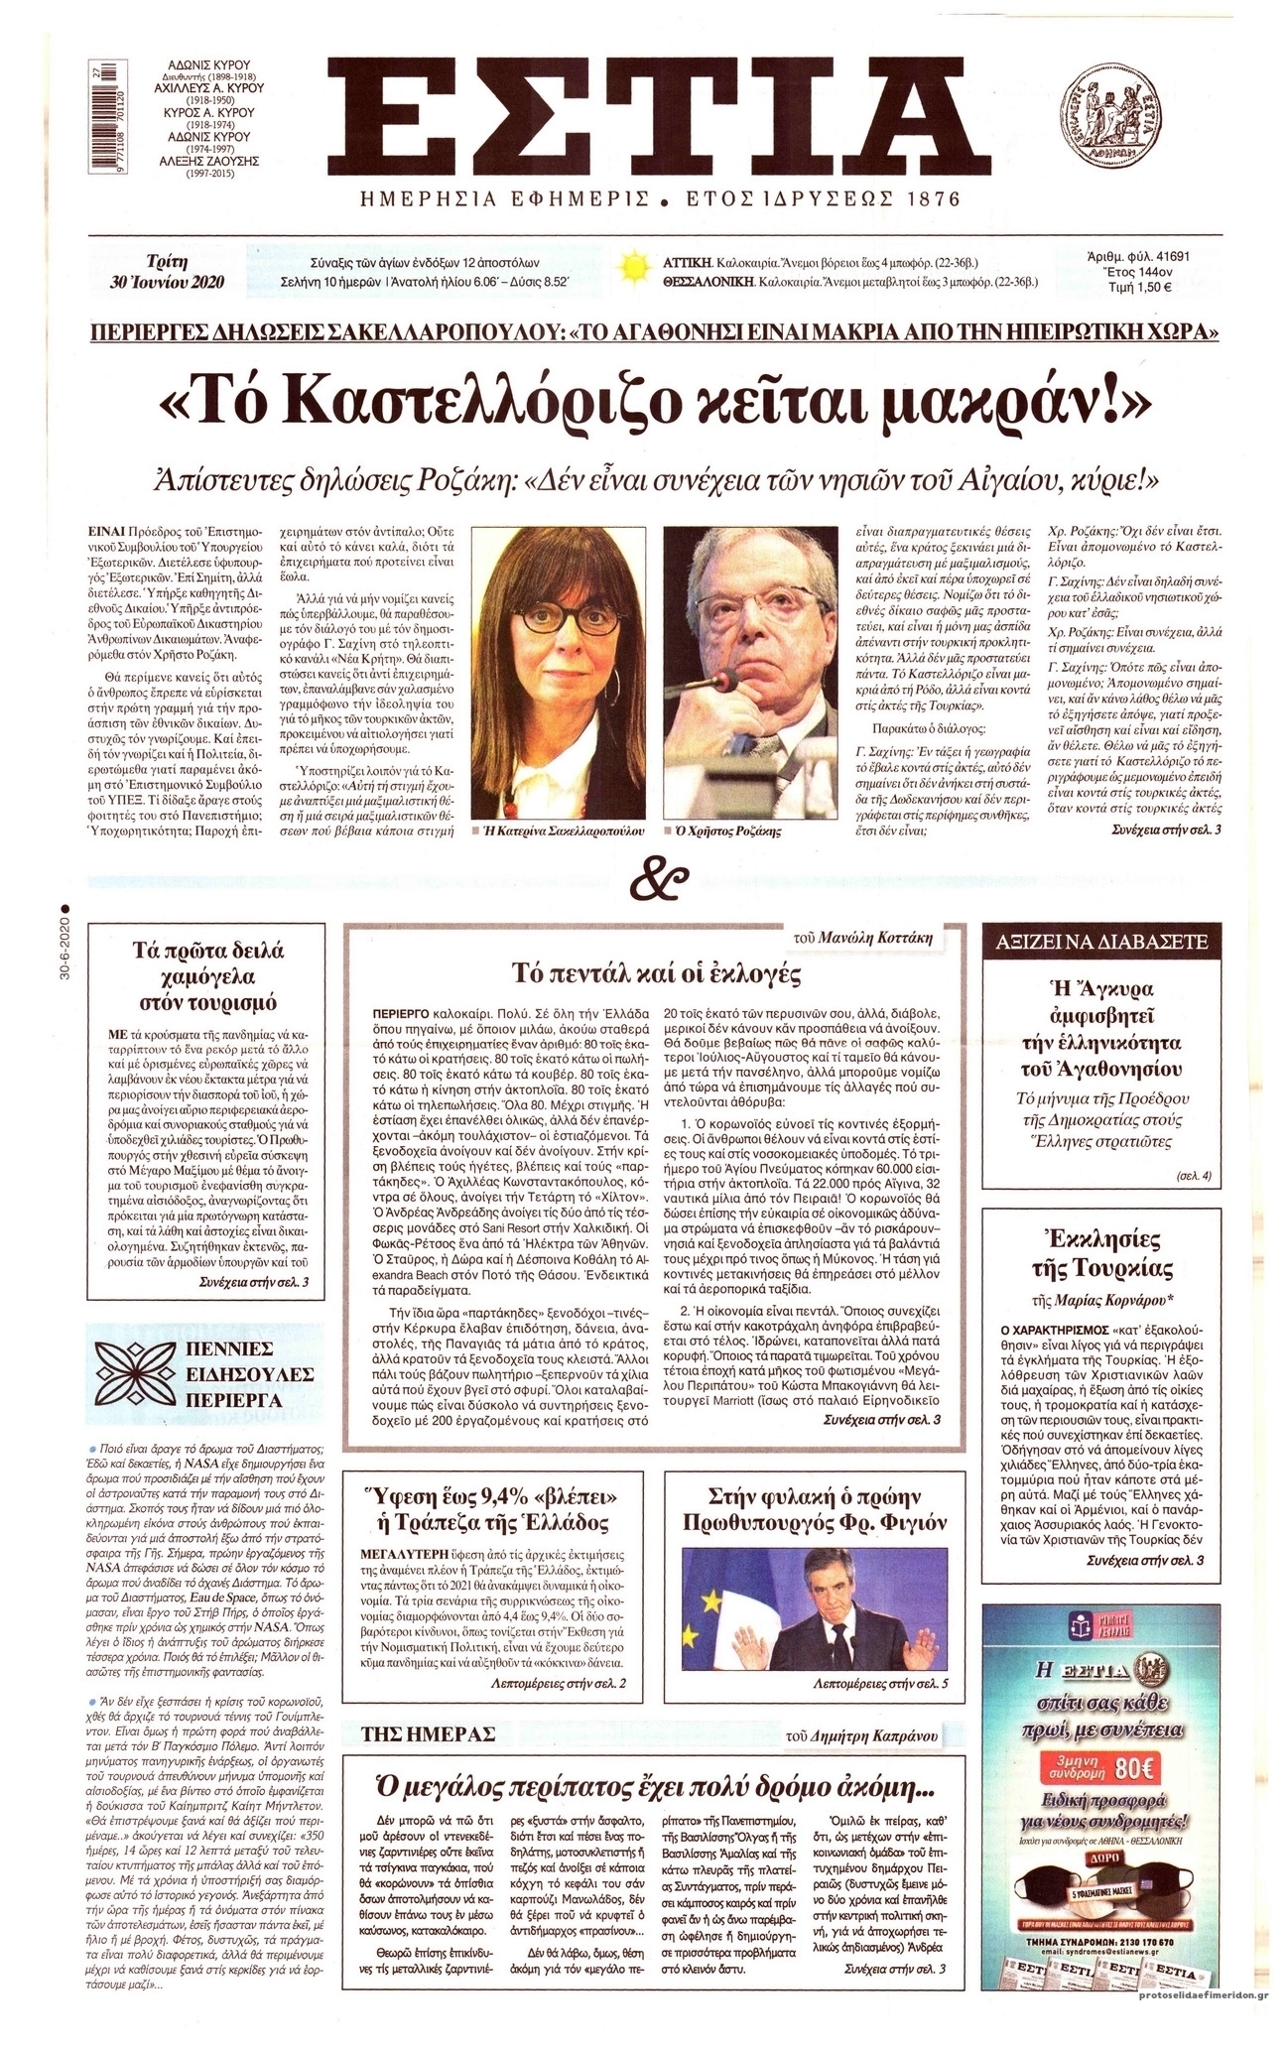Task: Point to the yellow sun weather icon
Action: (631, 269)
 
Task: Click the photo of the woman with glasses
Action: (561, 669)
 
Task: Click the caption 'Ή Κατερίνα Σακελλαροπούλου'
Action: (561, 830)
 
